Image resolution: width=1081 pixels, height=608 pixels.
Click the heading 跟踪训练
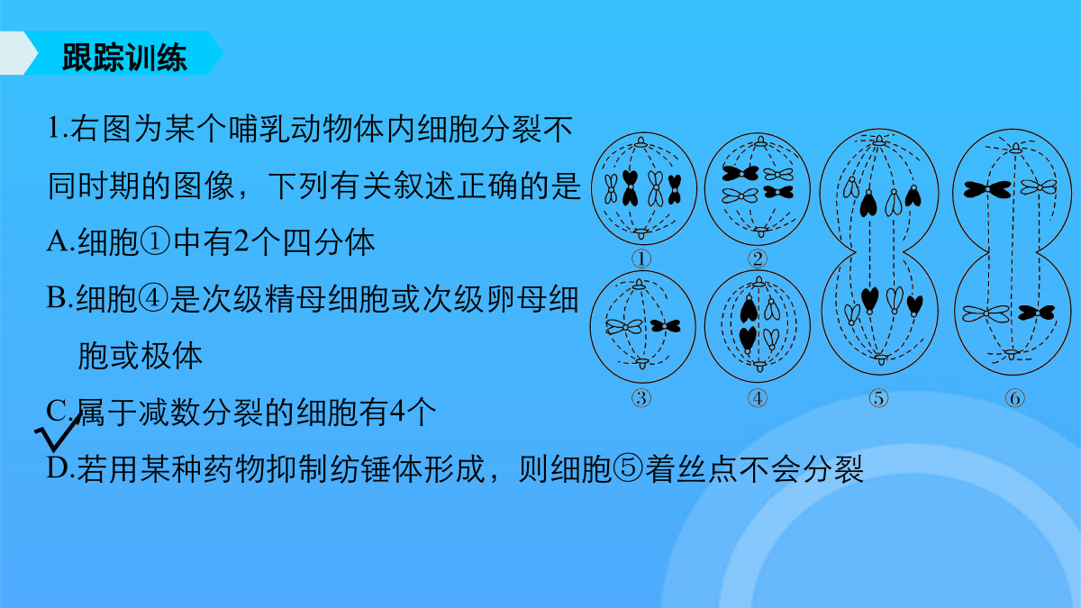pyautogui.click(x=124, y=58)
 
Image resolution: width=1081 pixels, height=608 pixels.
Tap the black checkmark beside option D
pyautogui.click(x=57, y=434)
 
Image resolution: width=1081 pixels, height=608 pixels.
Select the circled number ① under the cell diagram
pyautogui.click(x=641, y=259)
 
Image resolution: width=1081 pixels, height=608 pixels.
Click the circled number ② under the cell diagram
pyautogui.click(x=758, y=259)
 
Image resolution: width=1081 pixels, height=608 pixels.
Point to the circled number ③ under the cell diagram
pyautogui.click(x=641, y=398)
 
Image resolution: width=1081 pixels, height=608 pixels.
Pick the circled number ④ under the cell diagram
pyautogui.click(x=758, y=398)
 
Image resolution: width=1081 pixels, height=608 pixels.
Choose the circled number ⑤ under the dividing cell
pyautogui.click(x=878, y=398)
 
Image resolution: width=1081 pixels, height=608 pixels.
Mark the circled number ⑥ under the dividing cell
pyautogui.click(x=1015, y=398)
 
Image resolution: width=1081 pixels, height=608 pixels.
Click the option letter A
pyautogui.click(x=58, y=241)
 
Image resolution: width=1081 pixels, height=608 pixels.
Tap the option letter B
pyautogui.click(x=57, y=298)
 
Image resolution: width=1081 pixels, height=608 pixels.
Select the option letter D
pyautogui.click(x=58, y=468)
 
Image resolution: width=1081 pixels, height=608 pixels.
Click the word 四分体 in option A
pyautogui.click(x=329, y=241)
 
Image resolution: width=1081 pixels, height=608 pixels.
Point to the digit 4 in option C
pyautogui.click(x=397, y=412)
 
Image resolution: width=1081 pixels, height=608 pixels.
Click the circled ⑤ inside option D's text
pyautogui.click(x=628, y=468)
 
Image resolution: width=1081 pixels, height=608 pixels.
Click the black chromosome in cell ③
pyautogui.click(x=665, y=326)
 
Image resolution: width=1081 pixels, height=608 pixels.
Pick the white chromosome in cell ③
pyautogui.click(x=624, y=327)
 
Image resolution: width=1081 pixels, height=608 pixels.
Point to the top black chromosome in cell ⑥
pyautogui.click(x=987, y=190)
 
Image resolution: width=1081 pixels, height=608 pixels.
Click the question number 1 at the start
pyautogui.click(x=54, y=128)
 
